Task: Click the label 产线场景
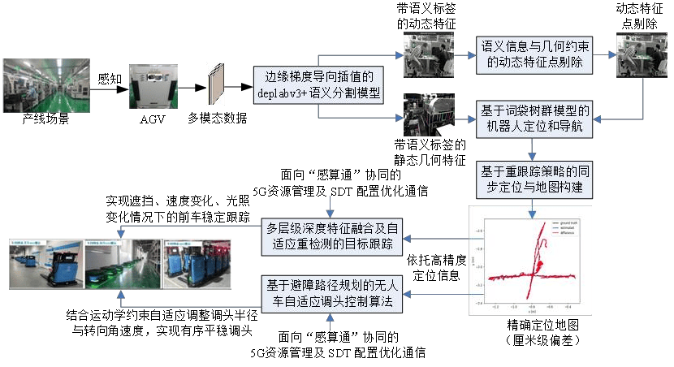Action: (x=45, y=120)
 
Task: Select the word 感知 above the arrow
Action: (x=109, y=79)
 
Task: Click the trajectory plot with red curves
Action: (x=530, y=262)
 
